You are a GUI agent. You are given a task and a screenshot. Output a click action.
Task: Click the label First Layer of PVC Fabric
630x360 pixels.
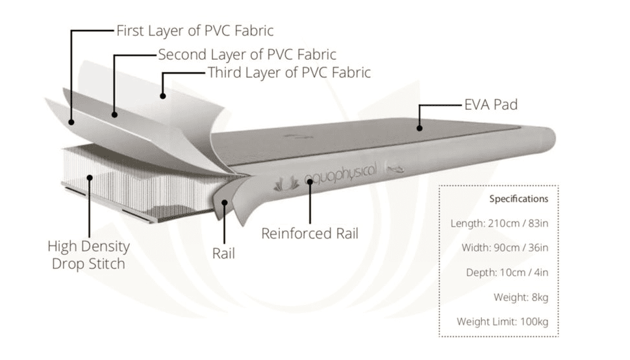194,31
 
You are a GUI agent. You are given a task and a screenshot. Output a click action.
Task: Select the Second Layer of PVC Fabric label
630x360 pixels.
247,55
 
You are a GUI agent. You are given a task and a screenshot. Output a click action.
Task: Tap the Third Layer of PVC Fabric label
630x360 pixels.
289,72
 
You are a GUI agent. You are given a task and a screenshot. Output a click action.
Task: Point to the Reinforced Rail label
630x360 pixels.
310,233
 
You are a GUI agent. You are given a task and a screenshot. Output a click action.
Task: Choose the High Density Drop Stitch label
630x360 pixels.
88,255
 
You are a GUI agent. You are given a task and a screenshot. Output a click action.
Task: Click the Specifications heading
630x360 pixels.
518,199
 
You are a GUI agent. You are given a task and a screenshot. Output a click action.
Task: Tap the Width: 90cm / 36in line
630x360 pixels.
505,248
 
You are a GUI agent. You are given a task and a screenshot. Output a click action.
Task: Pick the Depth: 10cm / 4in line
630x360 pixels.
507,272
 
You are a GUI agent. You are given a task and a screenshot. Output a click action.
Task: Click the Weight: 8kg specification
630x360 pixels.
521,297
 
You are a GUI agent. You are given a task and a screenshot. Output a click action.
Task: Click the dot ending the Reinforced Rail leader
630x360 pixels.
310,182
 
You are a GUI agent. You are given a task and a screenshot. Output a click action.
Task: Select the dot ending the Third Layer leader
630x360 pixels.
162,96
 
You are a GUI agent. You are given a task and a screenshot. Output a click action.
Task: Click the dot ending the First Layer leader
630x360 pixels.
71,120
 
